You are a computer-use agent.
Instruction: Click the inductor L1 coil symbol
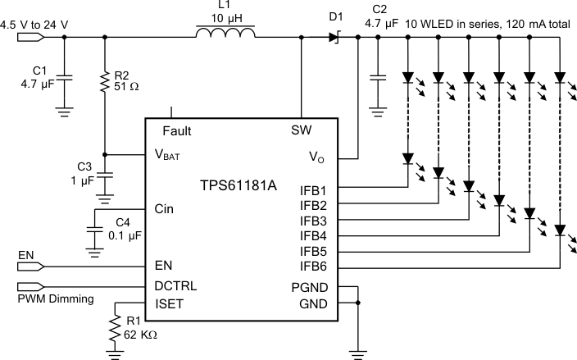[x=225, y=34]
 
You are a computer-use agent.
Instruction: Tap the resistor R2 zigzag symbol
[x=104, y=80]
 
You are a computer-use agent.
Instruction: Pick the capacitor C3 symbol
[x=104, y=175]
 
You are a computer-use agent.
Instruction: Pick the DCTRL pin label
[x=176, y=286]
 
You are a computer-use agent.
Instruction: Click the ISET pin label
[x=169, y=304]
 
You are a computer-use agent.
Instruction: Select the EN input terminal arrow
[x=27, y=267]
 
